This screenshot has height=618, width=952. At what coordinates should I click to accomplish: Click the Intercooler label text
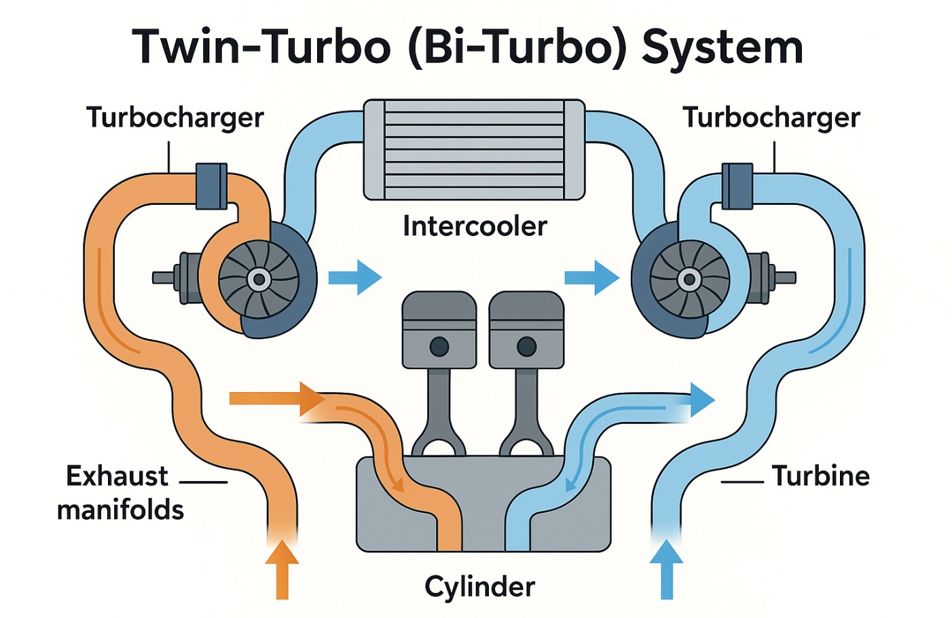coord(475,226)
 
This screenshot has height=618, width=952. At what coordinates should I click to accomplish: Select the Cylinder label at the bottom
coord(479,586)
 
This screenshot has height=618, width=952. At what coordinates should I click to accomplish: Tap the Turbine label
coord(820,476)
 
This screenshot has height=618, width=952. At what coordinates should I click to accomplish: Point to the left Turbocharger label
coord(175,117)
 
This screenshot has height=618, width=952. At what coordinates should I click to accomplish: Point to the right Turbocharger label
coord(771,117)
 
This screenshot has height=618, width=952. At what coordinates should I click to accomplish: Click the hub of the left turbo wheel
coord(259,279)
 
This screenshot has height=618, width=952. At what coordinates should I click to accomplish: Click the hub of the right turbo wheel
coord(690,279)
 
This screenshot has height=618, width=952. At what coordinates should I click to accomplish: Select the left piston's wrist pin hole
coord(439,347)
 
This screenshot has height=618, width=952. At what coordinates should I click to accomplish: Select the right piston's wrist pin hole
coord(526,347)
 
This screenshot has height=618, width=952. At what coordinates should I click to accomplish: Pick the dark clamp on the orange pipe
coord(211,186)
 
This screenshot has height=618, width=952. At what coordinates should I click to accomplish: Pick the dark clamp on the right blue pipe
coord(737,186)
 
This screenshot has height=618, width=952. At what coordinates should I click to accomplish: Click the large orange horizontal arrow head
coord(312,398)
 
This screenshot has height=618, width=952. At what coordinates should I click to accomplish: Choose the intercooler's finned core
coord(474,149)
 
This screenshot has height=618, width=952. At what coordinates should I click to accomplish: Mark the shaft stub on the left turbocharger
coord(164,277)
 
